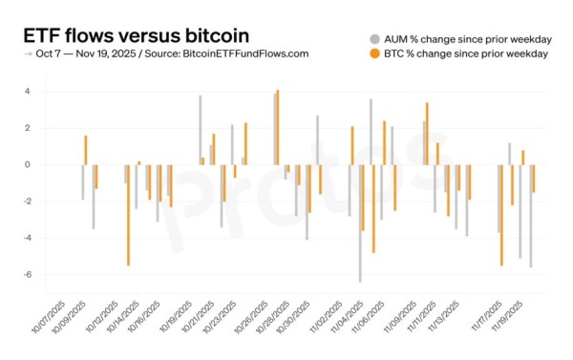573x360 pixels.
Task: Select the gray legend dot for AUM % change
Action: pos(374,38)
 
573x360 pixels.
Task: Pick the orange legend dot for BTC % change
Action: pos(374,53)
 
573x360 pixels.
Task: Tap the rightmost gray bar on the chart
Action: pos(530,215)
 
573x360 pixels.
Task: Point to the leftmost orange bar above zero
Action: pos(85,150)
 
